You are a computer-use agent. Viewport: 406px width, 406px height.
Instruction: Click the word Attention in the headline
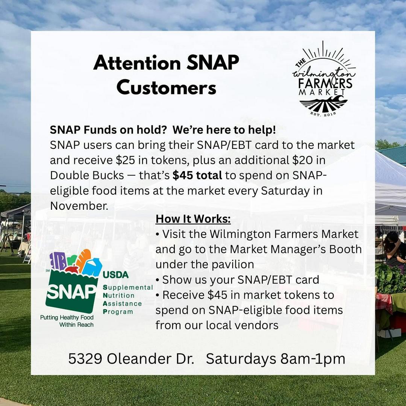[137, 63]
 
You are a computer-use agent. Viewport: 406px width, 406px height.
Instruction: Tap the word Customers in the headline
[166, 87]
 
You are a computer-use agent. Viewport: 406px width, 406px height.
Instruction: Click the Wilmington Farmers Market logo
[324, 79]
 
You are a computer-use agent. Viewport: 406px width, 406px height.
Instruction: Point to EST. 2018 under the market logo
[323, 114]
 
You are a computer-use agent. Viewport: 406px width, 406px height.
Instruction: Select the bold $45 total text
[197, 175]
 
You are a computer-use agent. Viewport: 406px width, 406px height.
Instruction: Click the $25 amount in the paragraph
[125, 160]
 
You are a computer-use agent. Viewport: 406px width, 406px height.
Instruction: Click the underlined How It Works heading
[193, 219]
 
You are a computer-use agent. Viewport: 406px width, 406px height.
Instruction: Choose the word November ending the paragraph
[79, 206]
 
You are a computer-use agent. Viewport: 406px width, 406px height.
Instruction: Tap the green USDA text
[116, 275]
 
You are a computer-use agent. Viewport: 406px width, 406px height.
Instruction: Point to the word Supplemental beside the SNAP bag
[128, 288]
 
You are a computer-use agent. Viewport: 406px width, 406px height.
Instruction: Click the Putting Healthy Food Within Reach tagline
[67, 321]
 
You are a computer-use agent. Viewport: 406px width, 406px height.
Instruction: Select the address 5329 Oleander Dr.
[131, 359]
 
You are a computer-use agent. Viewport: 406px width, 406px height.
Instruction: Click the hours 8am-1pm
[313, 359]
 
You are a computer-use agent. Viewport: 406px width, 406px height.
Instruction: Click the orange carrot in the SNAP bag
[83, 260]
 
